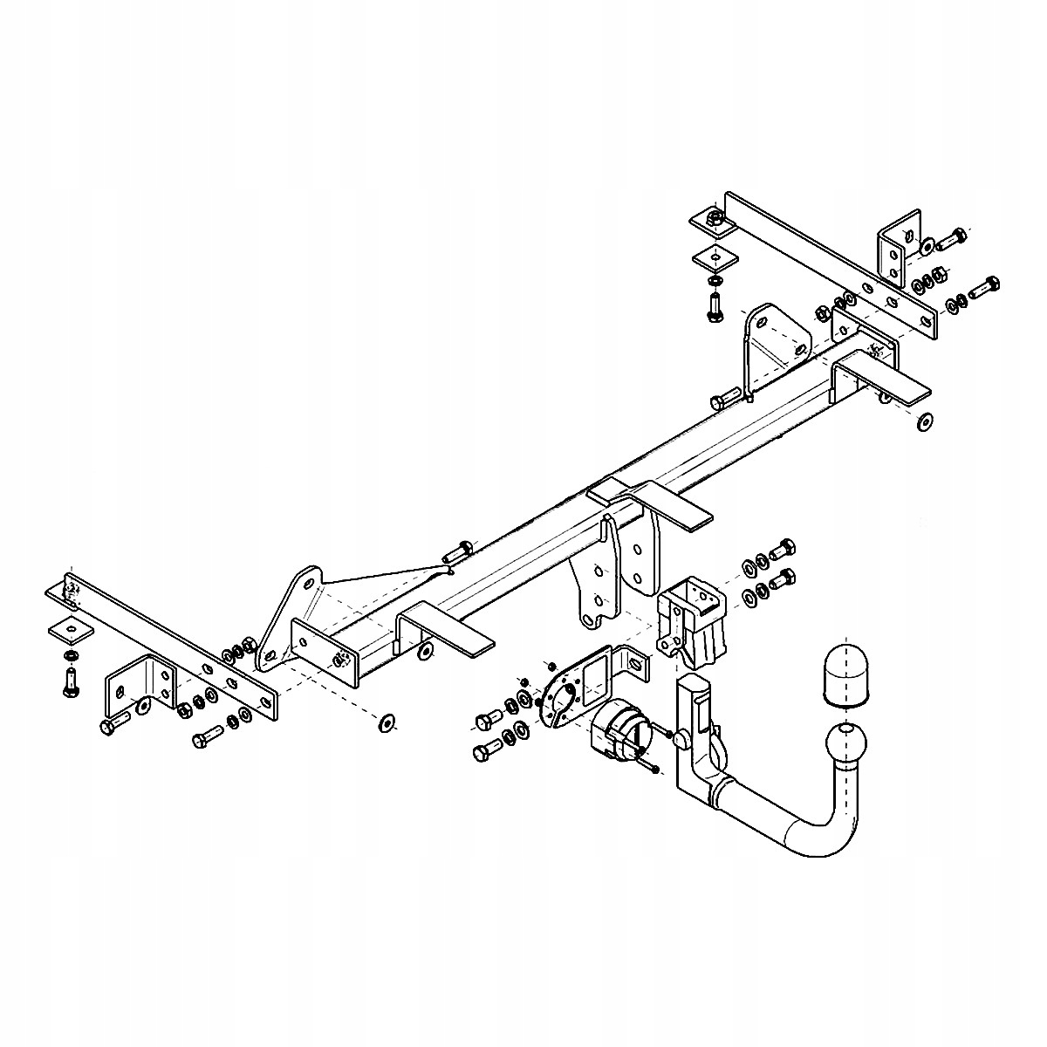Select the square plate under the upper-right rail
click(x=715, y=257)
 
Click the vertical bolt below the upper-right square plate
click(x=715, y=306)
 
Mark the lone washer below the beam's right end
click(x=924, y=421)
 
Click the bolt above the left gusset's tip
click(x=457, y=551)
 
